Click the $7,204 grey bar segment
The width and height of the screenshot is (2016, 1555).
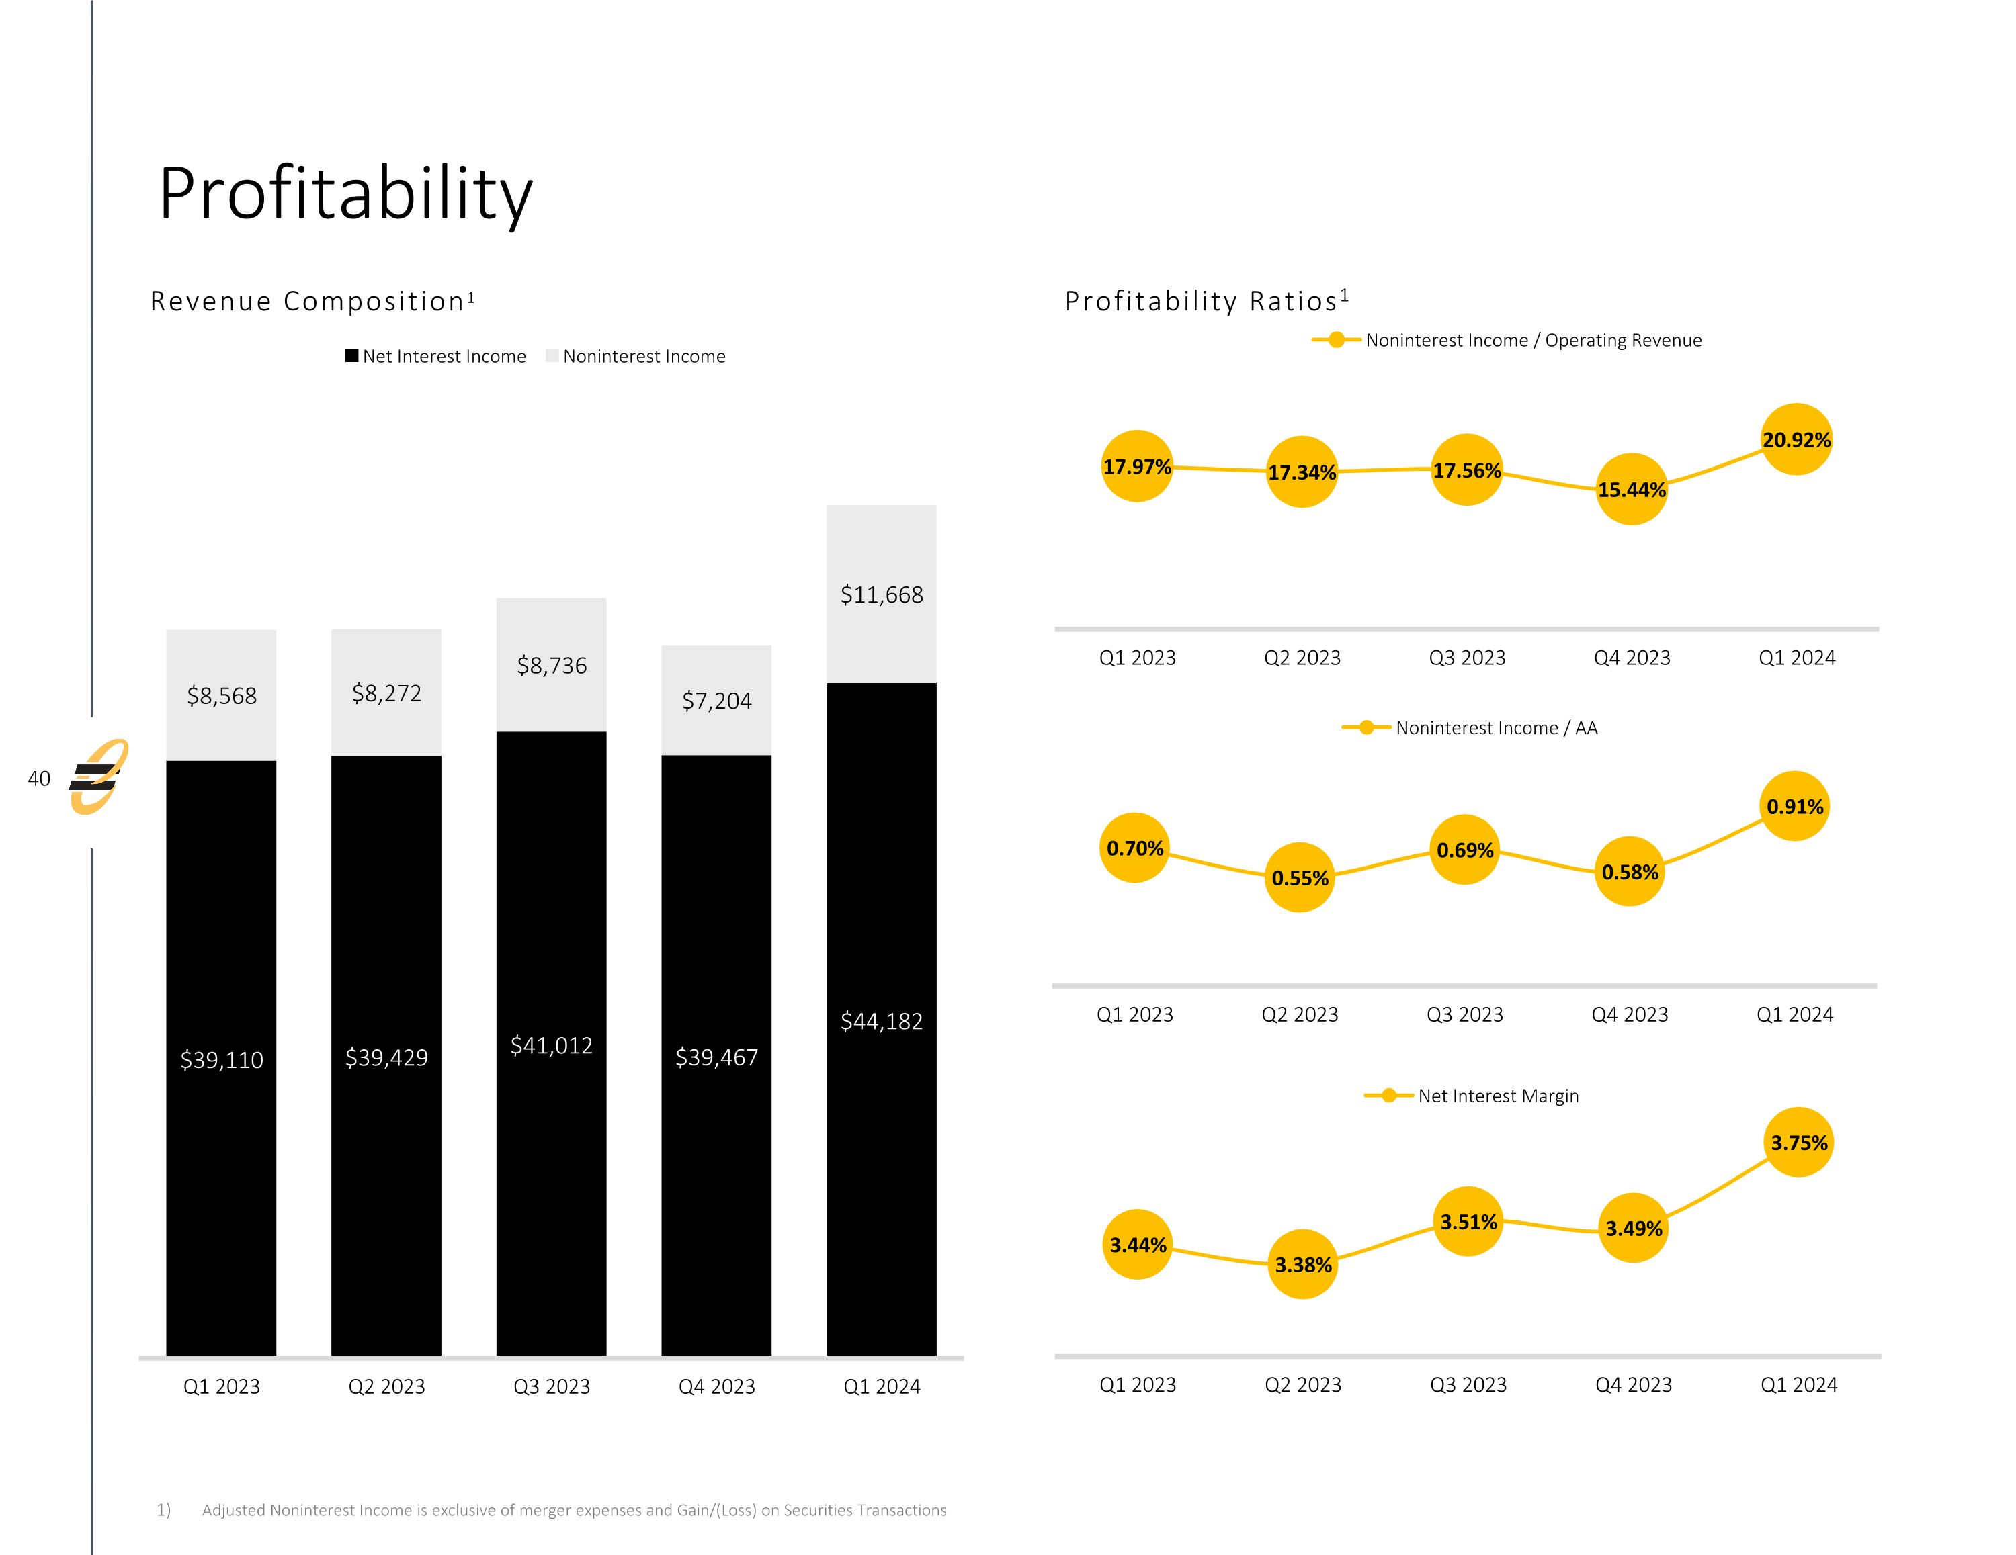click(x=716, y=699)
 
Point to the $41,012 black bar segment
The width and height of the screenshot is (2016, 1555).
click(x=551, y=1044)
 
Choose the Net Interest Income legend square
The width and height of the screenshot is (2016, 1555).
click(x=351, y=356)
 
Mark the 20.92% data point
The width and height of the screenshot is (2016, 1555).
click(x=1796, y=439)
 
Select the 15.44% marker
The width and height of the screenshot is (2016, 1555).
click(x=1631, y=489)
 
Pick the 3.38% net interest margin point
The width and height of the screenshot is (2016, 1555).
click(x=1302, y=1264)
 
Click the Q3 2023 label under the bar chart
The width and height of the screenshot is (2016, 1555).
click(x=551, y=1386)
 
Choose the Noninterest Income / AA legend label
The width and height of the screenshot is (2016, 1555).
click(x=1495, y=728)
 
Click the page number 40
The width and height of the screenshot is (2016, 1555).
click(x=39, y=778)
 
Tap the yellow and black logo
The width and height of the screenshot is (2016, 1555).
click(x=98, y=777)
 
